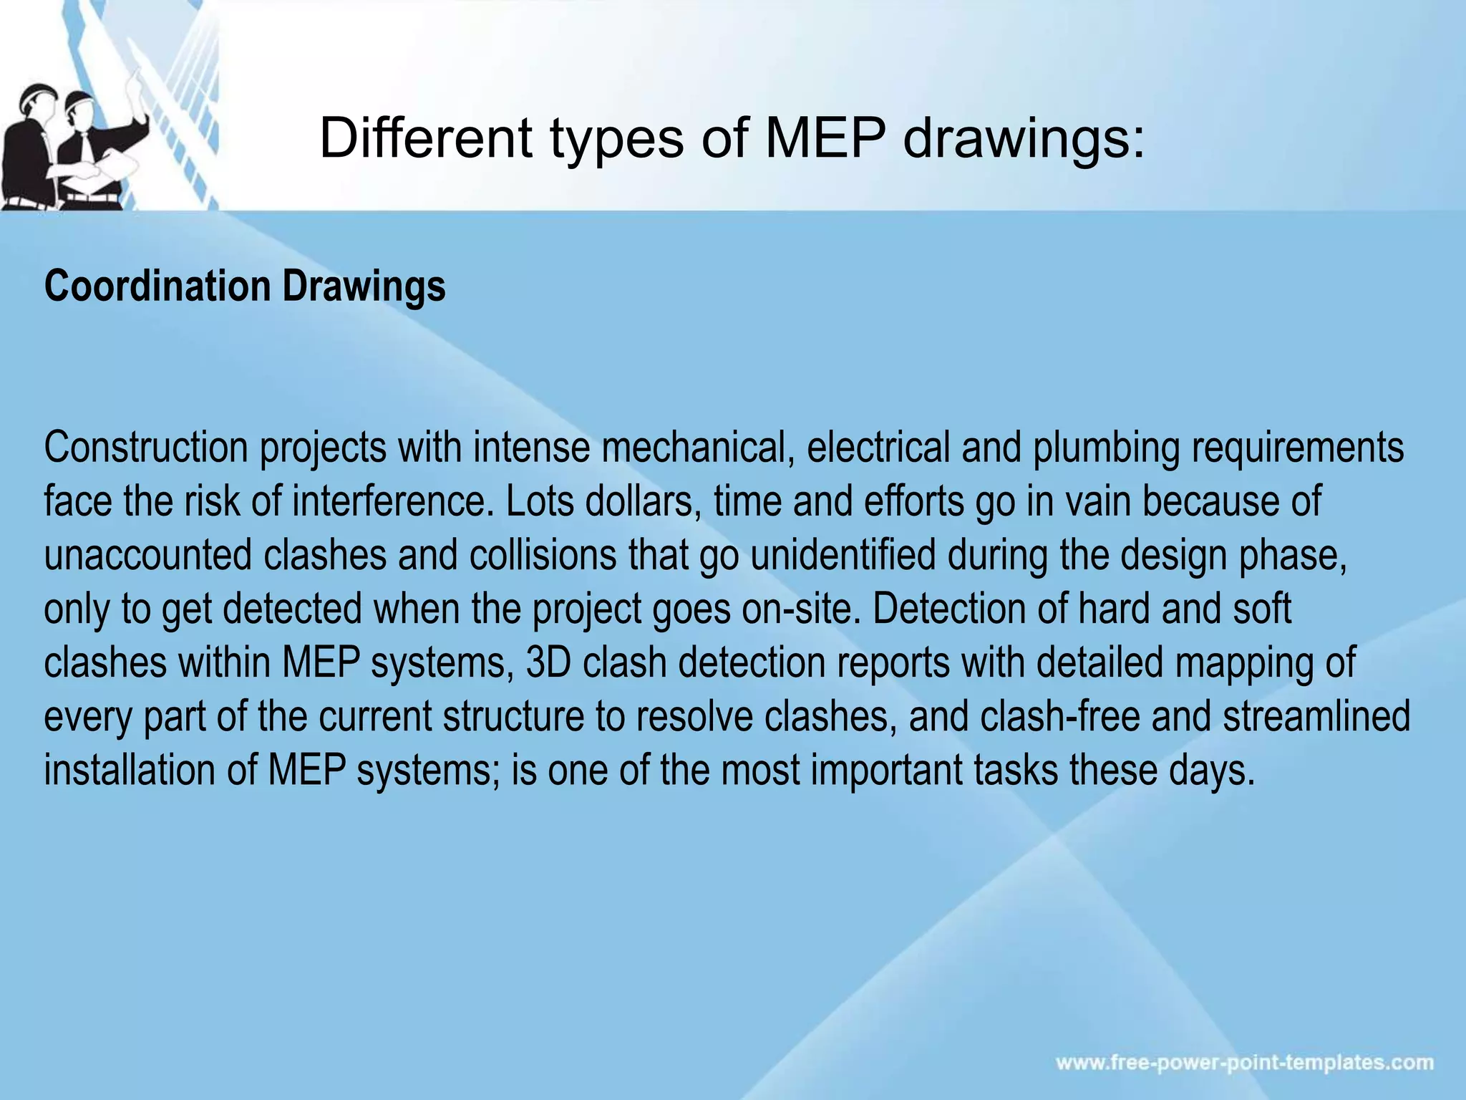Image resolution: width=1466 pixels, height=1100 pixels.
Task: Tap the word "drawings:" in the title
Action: [x=1024, y=139]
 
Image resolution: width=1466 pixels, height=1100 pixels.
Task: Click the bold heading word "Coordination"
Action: [x=157, y=286]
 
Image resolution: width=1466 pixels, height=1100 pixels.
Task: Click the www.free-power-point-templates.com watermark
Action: [x=1245, y=1062]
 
